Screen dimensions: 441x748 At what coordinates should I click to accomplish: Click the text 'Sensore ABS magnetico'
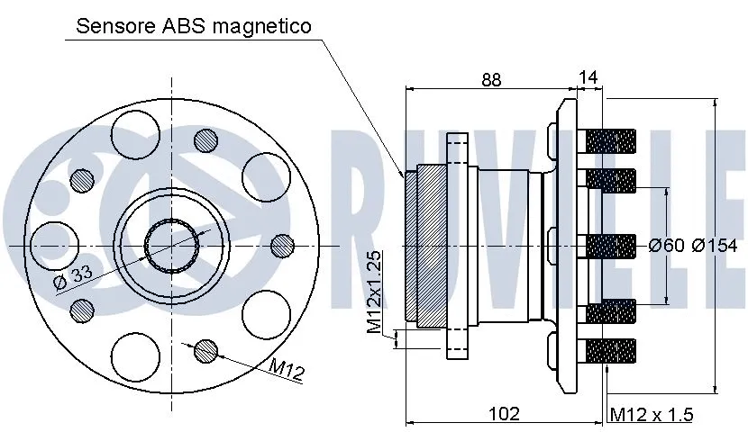click(194, 26)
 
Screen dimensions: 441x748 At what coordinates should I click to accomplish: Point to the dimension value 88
click(490, 79)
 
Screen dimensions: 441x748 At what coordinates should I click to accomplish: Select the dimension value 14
click(588, 79)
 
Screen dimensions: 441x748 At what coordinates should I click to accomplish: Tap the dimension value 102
click(505, 414)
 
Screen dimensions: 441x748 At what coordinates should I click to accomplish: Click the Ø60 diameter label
click(667, 245)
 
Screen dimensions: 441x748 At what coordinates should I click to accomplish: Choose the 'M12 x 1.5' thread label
click(652, 415)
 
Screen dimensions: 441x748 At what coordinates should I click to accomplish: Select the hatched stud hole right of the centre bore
click(282, 244)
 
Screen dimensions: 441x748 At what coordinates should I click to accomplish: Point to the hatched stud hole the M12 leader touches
click(205, 349)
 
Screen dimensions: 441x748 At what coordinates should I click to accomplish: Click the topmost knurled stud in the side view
click(611, 140)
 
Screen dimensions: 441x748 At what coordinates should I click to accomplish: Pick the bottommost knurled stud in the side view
click(611, 348)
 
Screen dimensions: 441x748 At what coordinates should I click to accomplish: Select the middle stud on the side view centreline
click(611, 245)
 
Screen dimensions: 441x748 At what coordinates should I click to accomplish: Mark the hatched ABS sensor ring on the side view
click(410, 245)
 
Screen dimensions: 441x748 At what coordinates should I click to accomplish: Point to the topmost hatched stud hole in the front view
click(205, 140)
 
